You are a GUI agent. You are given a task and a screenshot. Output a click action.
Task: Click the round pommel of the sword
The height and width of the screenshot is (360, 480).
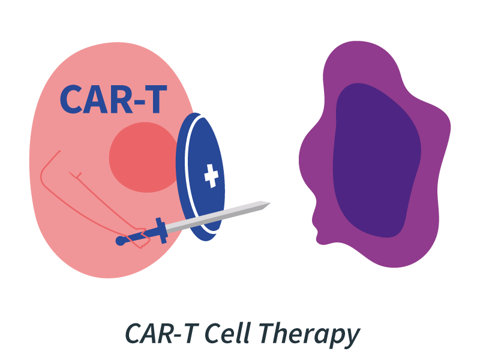[x=121, y=241]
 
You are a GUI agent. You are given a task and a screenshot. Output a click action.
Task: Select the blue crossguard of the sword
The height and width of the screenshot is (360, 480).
[x=161, y=230]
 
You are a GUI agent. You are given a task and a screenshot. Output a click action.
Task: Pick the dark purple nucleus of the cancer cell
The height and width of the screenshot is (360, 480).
[x=375, y=159]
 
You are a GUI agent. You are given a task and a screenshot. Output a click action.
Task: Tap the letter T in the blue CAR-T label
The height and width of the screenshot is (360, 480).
[x=154, y=100]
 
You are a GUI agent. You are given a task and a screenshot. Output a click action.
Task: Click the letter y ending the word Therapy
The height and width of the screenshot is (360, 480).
[x=352, y=337]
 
